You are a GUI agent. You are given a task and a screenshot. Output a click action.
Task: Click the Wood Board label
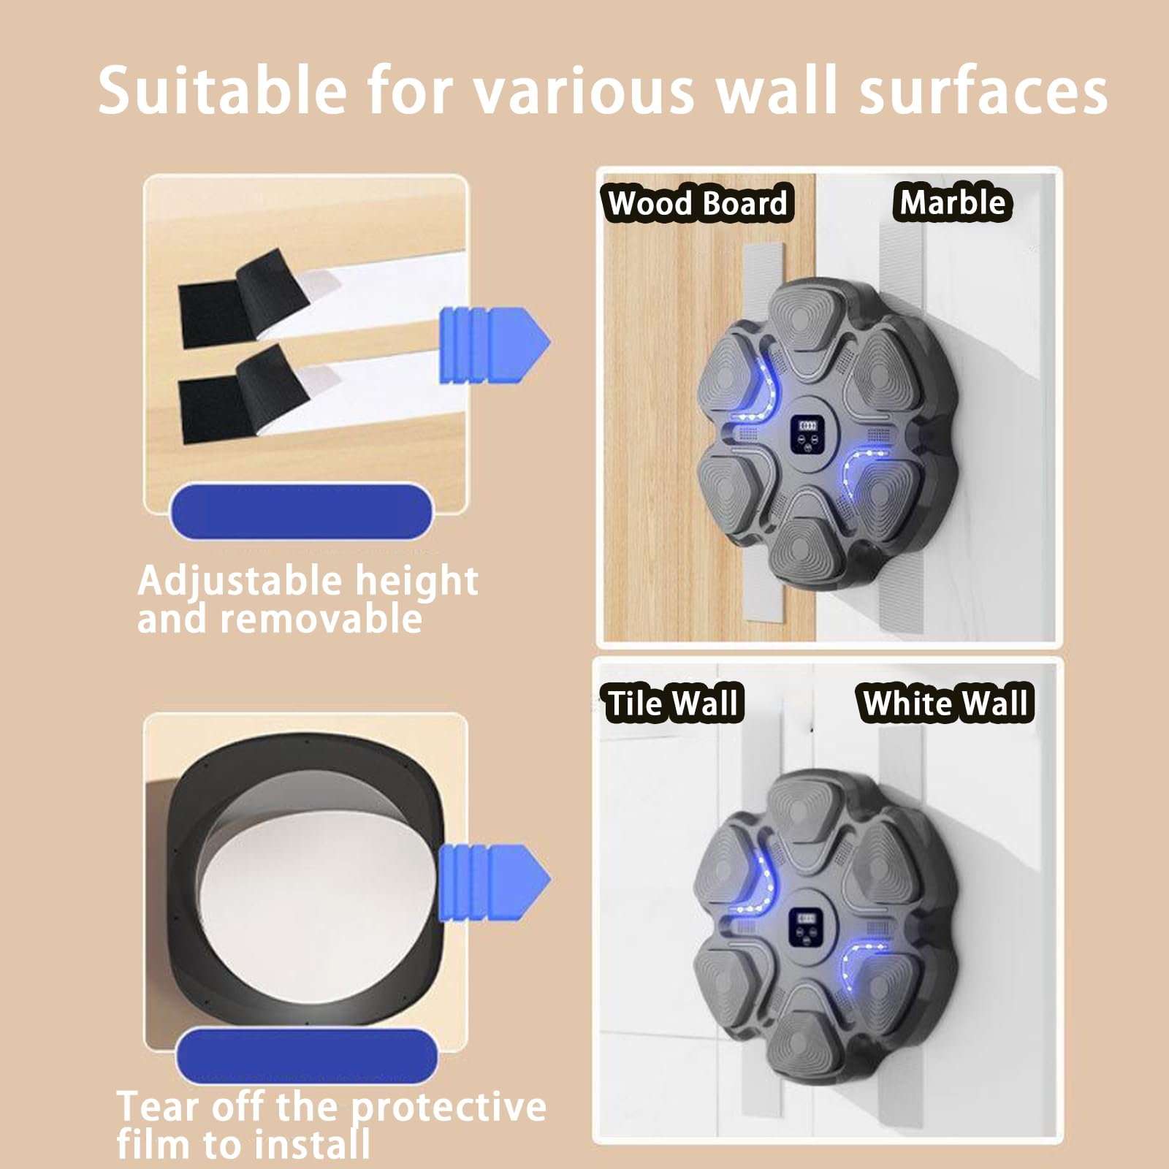point(698,203)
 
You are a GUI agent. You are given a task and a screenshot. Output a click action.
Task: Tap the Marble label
point(952,202)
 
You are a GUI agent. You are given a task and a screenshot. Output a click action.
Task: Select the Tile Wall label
point(673,704)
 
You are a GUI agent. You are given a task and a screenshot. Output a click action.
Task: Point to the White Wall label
point(945,704)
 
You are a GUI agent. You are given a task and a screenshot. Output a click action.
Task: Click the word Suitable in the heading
point(222,90)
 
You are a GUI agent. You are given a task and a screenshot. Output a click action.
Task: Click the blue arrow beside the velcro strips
point(494,344)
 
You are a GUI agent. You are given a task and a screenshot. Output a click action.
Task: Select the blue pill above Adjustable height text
point(301,511)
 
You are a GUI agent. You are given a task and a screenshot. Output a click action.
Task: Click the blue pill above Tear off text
point(307,1056)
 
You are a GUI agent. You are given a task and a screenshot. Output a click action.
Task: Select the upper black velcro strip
point(241,299)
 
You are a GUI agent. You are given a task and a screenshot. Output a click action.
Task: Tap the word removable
point(321,620)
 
